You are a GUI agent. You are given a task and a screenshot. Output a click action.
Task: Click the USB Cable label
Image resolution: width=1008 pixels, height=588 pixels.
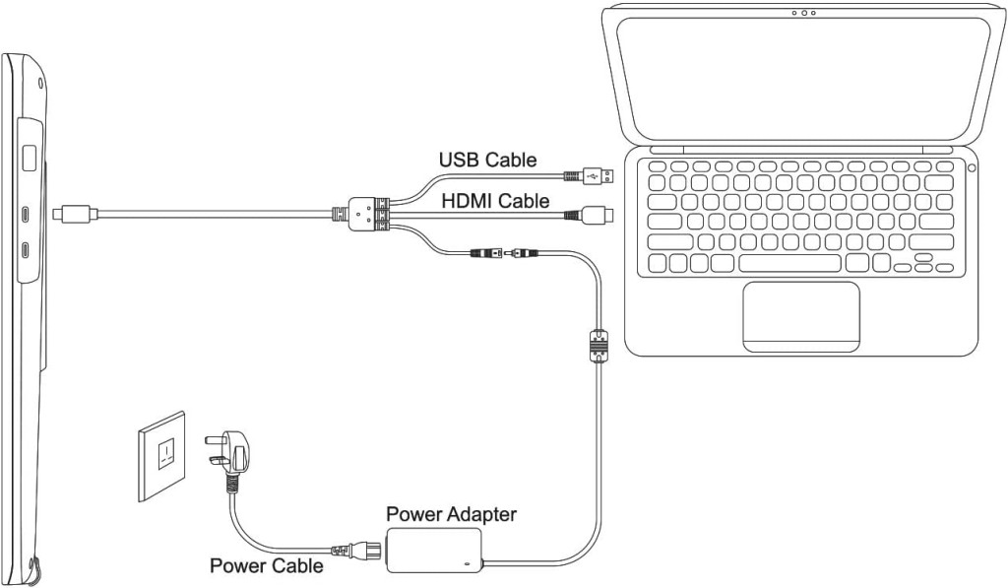pyautogui.click(x=487, y=160)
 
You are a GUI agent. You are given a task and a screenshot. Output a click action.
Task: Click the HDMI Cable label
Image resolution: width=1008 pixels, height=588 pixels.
pyautogui.click(x=495, y=201)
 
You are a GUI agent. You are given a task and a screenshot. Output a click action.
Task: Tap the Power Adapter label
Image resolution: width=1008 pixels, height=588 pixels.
pyautogui.click(x=451, y=514)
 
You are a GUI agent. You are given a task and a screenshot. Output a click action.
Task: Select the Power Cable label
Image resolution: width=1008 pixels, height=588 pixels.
pyautogui.click(x=266, y=566)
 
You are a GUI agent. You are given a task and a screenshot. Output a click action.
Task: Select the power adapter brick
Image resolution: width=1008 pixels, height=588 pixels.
pyautogui.click(x=434, y=548)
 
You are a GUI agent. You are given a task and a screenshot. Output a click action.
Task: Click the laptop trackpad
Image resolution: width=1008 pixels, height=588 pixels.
pyautogui.click(x=800, y=315)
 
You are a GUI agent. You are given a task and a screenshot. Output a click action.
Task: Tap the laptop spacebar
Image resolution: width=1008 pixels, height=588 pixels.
pyautogui.click(x=789, y=263)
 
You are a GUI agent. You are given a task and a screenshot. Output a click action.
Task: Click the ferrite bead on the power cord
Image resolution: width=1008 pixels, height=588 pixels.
pyautogui.click(x=597, y=348)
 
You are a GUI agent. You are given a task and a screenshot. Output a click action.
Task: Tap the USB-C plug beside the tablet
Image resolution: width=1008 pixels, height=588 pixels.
pyautogui.click(x=75, y=211)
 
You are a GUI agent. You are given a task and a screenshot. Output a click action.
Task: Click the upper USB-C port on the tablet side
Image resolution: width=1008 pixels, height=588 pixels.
pyautogui.click(x=26, y=214)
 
